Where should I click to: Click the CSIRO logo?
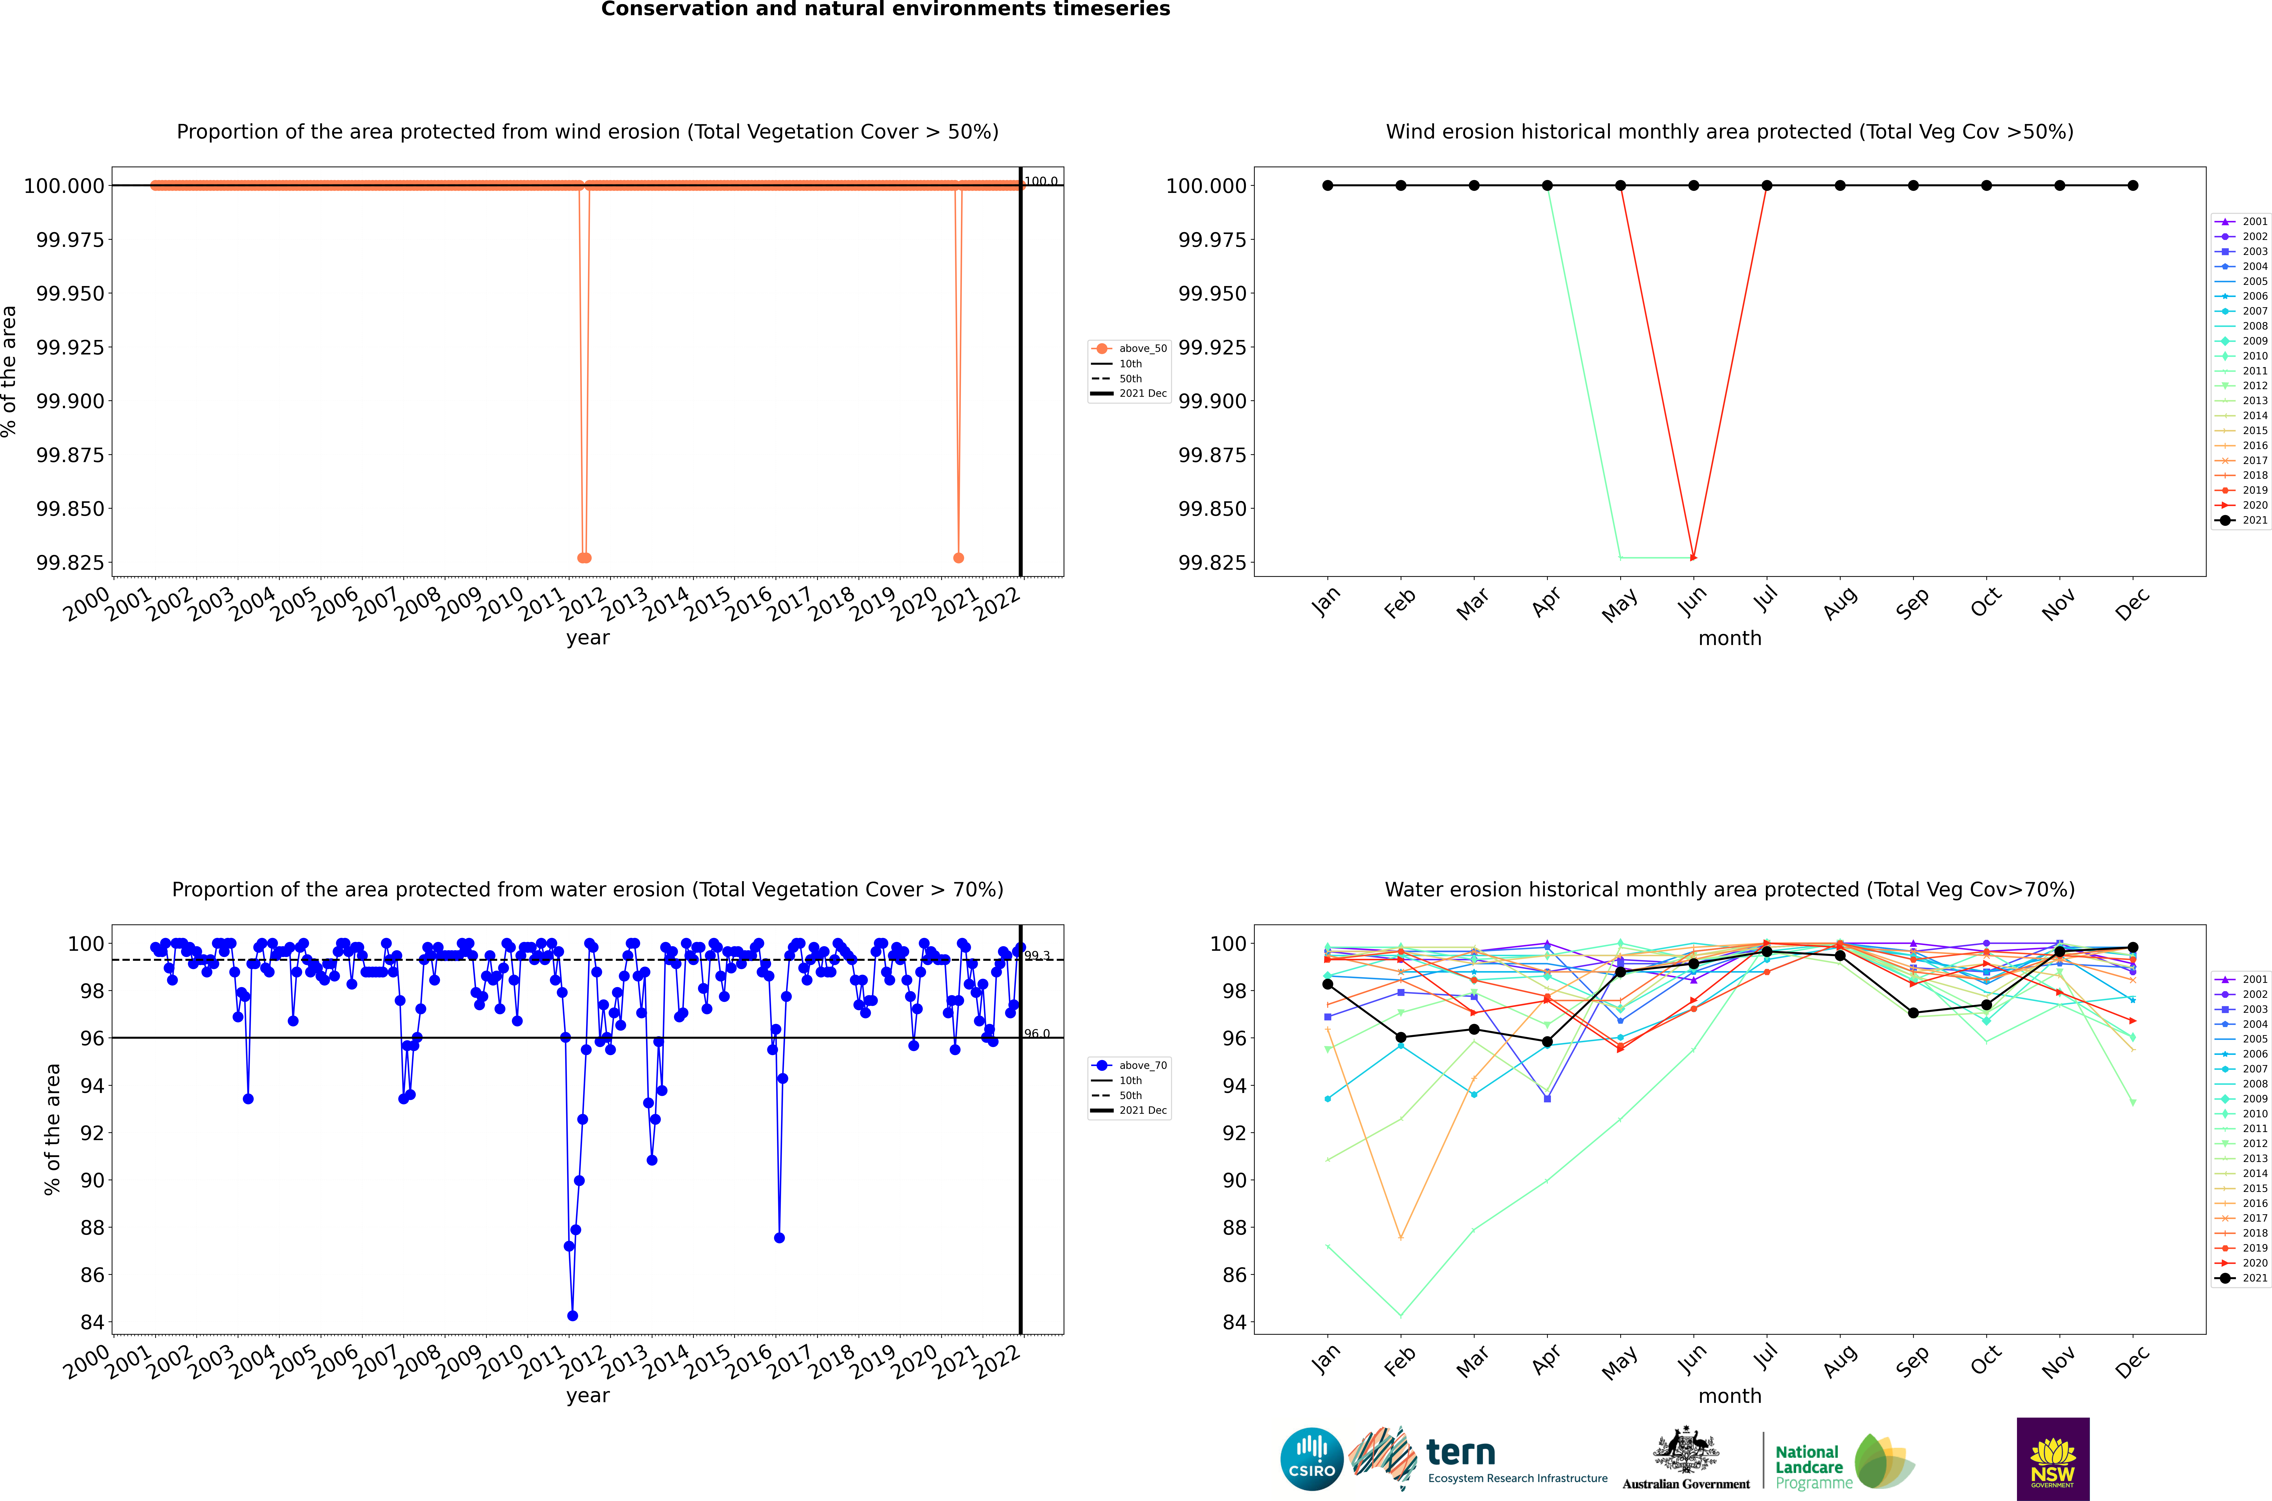pyautogui.click(x=1312, y=1459)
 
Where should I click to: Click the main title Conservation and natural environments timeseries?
pyautogui.click(x=885, y=10)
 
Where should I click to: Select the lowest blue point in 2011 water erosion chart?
pyautogui.click(x=573, y=1315)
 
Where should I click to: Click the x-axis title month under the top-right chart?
pyautogui.click(x=1729, y=639)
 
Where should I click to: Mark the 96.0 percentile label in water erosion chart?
pyautogui.click(x=1037, y=1034)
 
